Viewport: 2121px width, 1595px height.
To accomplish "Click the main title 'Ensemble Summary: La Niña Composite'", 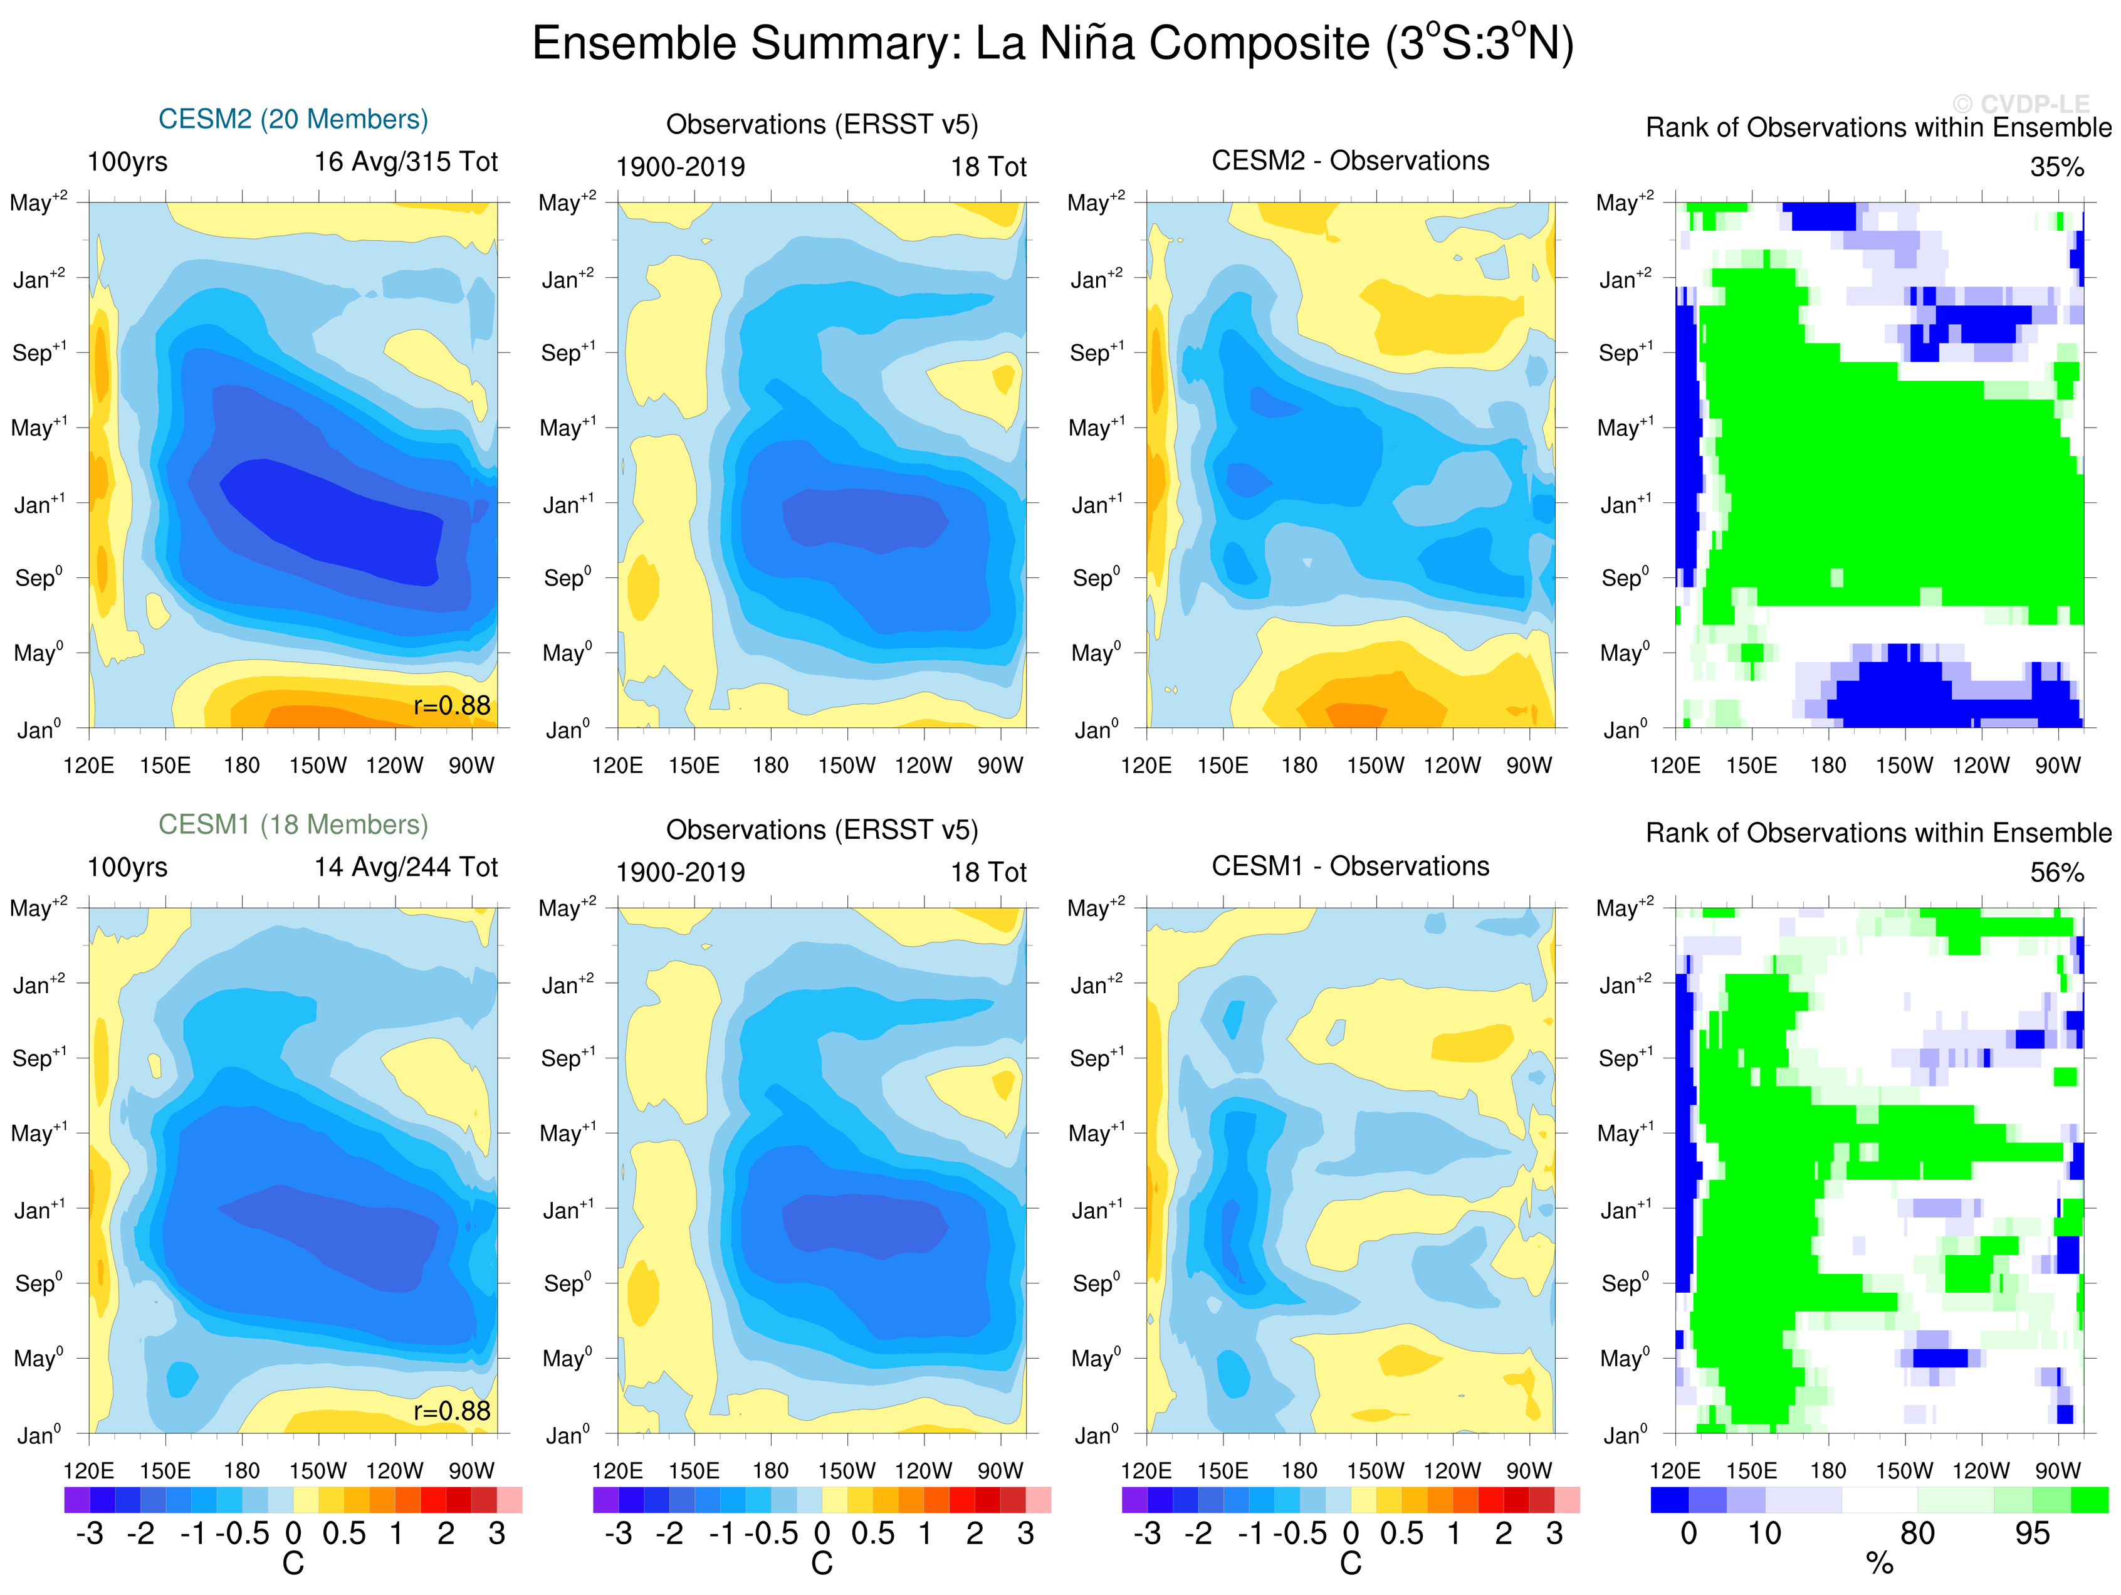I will pos(1052,44).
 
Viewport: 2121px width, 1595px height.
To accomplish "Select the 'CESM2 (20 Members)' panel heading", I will pos(293,119).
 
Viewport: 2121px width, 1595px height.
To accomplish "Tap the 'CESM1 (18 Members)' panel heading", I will pos(293,825).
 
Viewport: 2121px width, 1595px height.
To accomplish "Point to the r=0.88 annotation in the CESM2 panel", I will pos(452,706).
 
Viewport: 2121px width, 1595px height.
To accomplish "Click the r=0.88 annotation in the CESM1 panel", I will pos(452,1411).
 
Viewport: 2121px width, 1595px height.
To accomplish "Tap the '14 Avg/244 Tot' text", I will pos(406,867).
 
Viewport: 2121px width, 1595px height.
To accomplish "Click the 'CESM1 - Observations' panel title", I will pos(1350,866).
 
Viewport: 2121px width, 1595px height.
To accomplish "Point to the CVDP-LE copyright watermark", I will pos(2020,103).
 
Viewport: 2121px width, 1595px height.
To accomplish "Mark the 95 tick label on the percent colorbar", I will pos(2032,1534).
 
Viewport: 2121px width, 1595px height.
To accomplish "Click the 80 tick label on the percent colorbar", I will pos(1917,1534).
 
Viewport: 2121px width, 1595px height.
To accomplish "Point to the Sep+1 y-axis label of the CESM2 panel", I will pos(38,352).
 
